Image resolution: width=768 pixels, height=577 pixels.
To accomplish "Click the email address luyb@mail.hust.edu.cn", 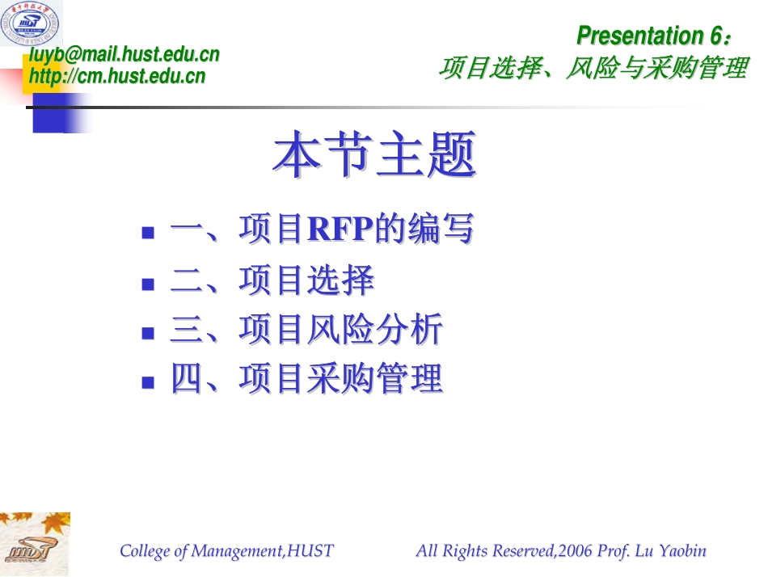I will (124, 55).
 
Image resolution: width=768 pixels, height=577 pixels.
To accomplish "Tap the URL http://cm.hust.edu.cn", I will (117, 77).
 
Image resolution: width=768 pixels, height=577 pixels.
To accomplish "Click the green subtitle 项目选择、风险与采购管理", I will (593, 69).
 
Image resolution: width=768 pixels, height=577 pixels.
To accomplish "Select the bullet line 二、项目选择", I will (272, 281).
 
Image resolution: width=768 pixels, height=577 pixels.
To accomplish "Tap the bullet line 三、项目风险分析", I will (306, 331).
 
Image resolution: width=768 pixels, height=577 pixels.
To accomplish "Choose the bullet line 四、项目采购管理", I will (306, 380).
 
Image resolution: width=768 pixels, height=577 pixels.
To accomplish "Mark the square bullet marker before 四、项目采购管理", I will (148, 381).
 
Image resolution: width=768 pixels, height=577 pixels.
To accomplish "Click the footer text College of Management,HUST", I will (226, 551).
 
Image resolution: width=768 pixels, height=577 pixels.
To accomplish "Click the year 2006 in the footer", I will (574, 551).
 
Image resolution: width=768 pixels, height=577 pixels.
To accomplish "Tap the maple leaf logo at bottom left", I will (35, 544).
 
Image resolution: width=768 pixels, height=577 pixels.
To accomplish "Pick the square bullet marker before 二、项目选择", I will (148, 284).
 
